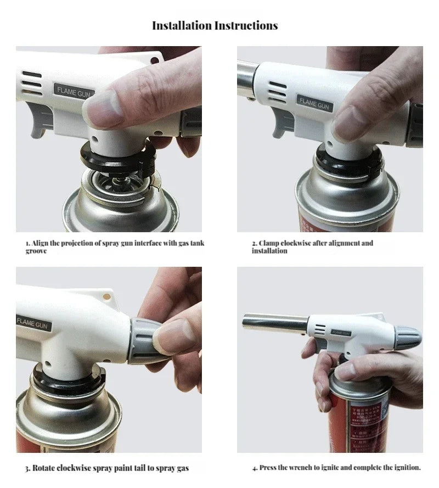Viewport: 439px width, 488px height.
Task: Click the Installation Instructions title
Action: (215, 26)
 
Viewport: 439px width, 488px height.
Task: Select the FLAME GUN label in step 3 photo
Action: (34, 322)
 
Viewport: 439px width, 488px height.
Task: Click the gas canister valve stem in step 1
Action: (117, 177)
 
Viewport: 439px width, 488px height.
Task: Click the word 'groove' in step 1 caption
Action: (36, 251)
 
